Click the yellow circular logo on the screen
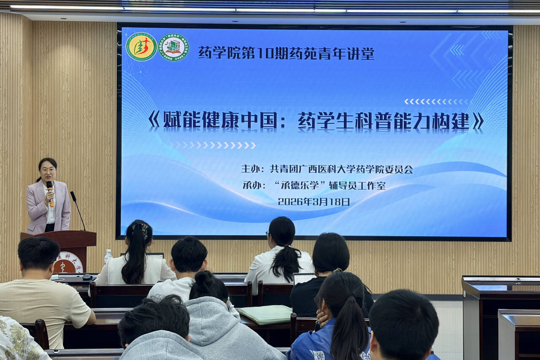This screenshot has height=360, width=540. click(x=141, y=46)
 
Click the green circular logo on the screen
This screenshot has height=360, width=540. click(x=173, y=47)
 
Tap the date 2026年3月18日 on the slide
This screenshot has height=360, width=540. click(x=314, y=202)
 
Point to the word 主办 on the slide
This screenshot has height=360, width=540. click(x=252, y=169)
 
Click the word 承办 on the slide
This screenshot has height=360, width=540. click(x=252, y=185)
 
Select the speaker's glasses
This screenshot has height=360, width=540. click(x=47, y=170)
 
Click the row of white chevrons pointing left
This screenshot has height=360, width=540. click(x=436, y=101)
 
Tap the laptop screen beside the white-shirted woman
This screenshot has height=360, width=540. click(x=302, y=278)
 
